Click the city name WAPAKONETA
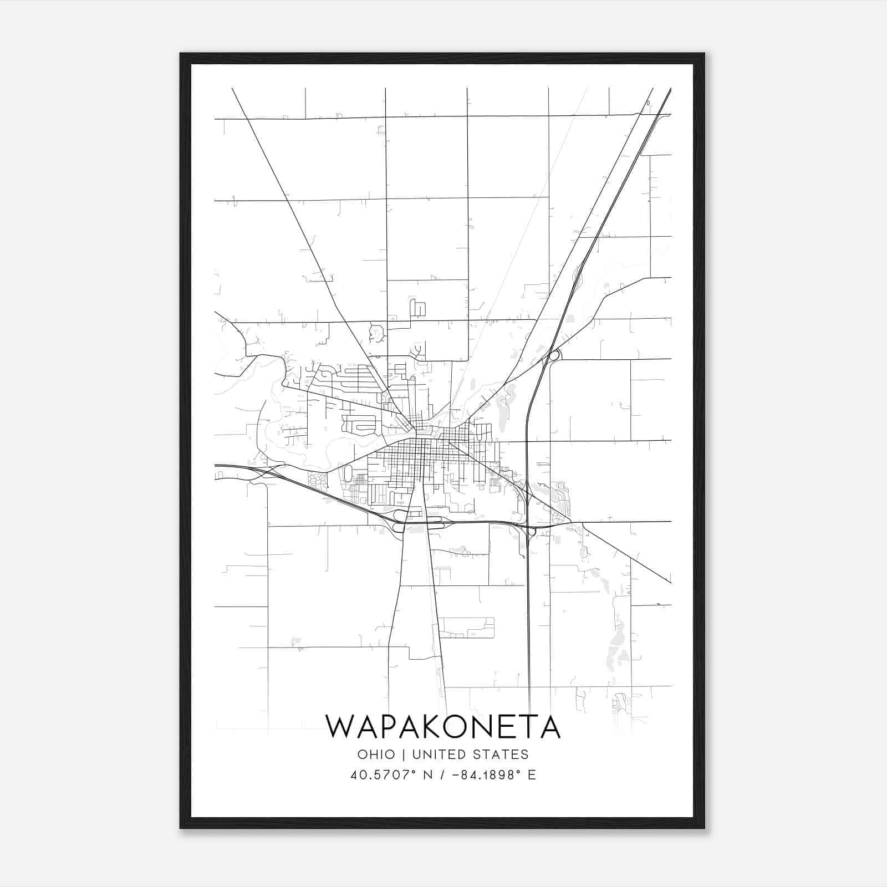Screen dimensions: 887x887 [442, 727]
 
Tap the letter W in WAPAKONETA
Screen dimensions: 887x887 [340, 727]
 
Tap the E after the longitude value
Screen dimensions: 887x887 [532, 775]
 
